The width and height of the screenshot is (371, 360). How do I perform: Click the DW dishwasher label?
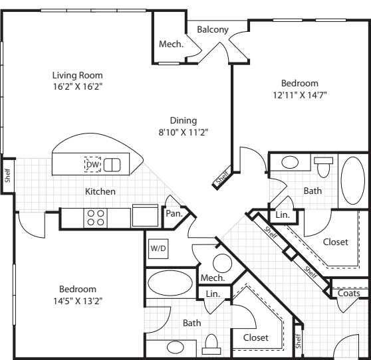click(x=92, y=164)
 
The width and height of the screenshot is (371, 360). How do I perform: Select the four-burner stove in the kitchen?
click(x=95, y=217)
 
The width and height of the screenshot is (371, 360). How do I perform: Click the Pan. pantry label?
click(x=174, y=215)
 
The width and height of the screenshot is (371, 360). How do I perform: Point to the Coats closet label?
click(x=348, y=293)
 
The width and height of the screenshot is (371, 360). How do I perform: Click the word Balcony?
click(x=213, y=30)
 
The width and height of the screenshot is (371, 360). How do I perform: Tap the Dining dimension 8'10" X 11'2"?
click(x=184, y=132)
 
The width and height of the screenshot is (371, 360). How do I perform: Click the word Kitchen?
click(x=100, y=191)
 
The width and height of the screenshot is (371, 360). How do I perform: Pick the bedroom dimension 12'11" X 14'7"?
click(x=299, y=95)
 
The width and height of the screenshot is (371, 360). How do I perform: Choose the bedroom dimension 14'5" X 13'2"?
click(x=78, y=300)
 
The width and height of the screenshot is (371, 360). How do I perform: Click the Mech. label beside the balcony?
click(x=171, y=45)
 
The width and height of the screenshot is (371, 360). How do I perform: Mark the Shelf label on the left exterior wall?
click(x=7, y=175)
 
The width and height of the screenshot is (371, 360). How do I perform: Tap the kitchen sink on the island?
click(x=112, y=164)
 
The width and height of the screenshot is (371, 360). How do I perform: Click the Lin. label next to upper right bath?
click(x=281, y=215)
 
